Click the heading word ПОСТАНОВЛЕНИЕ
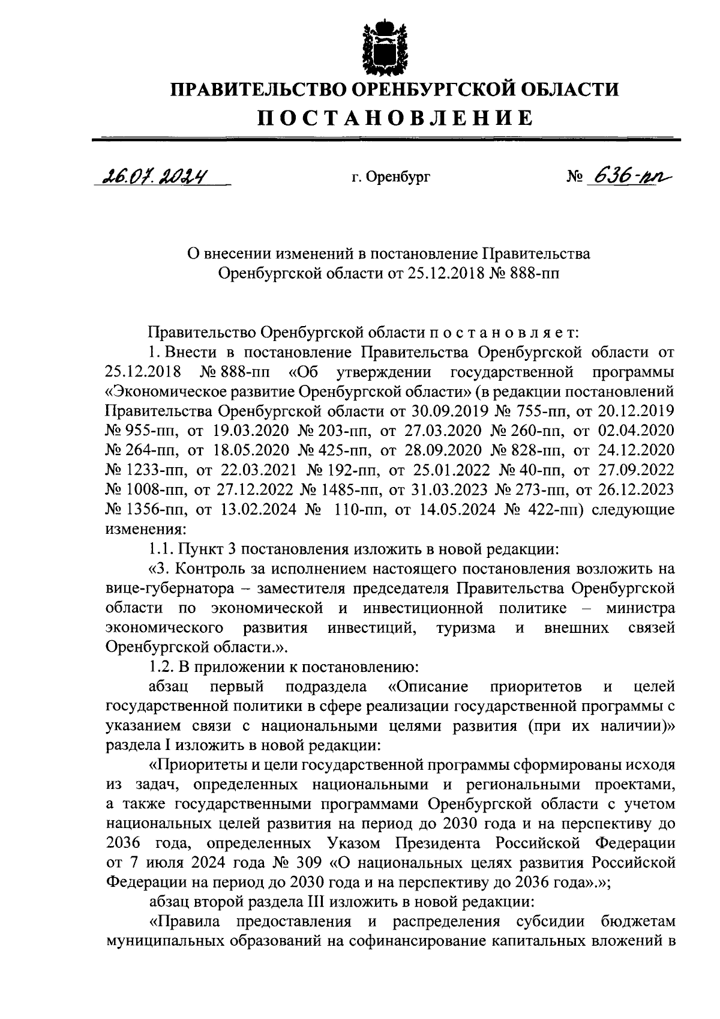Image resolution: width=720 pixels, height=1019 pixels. [x=395, y=116]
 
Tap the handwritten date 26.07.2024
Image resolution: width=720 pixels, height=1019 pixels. [x=153, y=176]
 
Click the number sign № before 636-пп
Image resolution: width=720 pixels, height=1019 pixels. [x=575, y=177]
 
